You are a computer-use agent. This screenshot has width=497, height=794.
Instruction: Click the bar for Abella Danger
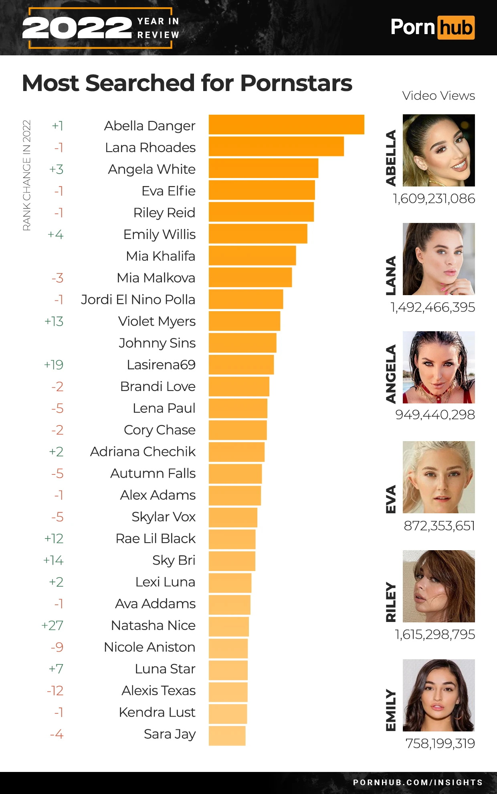[x=286, y=125]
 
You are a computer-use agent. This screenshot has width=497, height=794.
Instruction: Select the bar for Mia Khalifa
[x=252, y=256]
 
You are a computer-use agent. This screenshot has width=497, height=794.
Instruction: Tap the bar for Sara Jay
[x=227, y=736]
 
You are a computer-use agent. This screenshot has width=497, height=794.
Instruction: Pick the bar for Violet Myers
[x=244, y=321]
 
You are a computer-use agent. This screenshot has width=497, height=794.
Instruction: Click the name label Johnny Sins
[x=157, y=343]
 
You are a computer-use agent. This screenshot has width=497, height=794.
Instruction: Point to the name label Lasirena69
[x=161, y=365]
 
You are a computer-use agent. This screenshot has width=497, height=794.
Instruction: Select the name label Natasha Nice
[x=153, y=626]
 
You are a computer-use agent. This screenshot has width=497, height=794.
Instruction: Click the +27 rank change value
[x=53, y=626]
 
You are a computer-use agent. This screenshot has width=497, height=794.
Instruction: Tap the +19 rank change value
[x=54, y=365]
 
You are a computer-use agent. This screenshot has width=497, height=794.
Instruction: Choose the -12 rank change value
[x=55, y=691]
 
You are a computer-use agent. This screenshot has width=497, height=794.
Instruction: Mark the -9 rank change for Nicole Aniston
[x=57, y=647]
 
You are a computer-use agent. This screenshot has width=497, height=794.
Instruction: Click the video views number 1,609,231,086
[x=434, y=199]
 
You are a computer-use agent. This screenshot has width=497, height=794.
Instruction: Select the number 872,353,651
[x=439, y=526]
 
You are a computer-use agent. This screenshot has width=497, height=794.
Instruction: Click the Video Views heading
[x=438, y=96]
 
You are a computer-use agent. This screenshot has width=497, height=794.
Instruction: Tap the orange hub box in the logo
[x=456, y=28]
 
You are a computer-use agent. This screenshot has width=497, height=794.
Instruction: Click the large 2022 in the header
[x=77, y=28]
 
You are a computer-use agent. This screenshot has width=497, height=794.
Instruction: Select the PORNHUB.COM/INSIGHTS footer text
[x=418, y=782]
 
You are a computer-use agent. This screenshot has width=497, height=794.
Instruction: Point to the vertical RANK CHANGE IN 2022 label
[x=27, y=175]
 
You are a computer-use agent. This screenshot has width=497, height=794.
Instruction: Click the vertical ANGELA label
[x=391, y=374]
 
